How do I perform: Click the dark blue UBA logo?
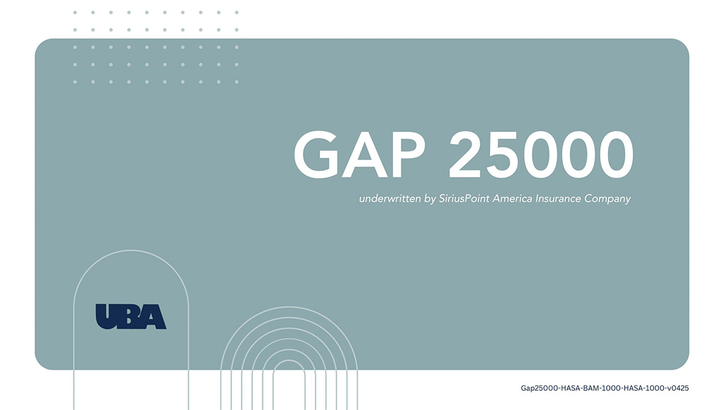[x=131, y=316]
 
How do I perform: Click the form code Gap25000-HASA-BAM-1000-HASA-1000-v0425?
[x=605, y=388]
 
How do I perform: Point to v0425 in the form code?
[x=678, y=388]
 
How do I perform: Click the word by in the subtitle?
[x=430, y=200]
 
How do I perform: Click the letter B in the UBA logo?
[x=131, y=316]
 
